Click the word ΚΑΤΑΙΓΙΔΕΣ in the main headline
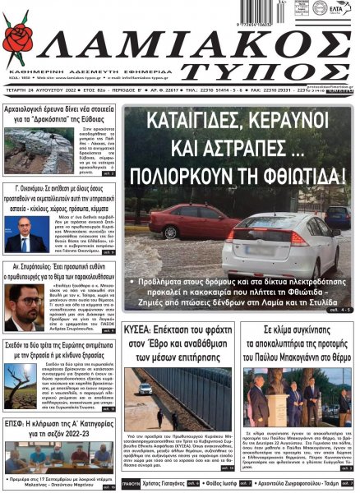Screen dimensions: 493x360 (190, 122)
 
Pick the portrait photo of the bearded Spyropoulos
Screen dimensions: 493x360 (25, 308)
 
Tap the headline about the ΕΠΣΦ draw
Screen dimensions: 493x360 (61, 427)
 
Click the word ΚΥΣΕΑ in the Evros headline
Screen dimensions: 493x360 (142, 329)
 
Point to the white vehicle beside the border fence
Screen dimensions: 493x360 (145, 387)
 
